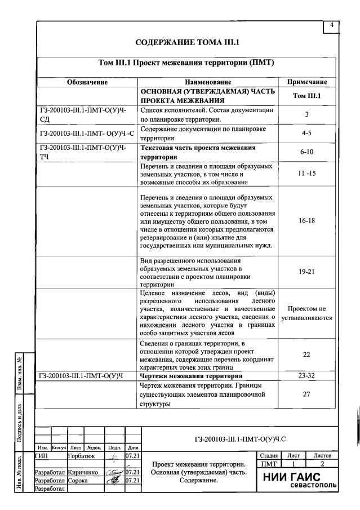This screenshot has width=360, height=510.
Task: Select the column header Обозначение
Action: (x=87, y=82)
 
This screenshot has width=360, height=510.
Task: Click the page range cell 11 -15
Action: (x=306, y=174)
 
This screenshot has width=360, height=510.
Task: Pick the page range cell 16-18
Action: (x=306, y=221)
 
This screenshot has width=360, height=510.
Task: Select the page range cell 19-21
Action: (x=306, y=272)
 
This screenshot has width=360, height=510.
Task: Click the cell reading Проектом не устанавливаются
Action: (x=306, y=313)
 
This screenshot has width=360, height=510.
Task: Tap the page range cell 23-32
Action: (x=306, y=376)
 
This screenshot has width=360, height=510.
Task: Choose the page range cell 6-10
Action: (x=306, y=152)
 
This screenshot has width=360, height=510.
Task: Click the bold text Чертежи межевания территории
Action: (x=191, y=376)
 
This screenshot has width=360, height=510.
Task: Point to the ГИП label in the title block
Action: (x=42, y=455)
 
